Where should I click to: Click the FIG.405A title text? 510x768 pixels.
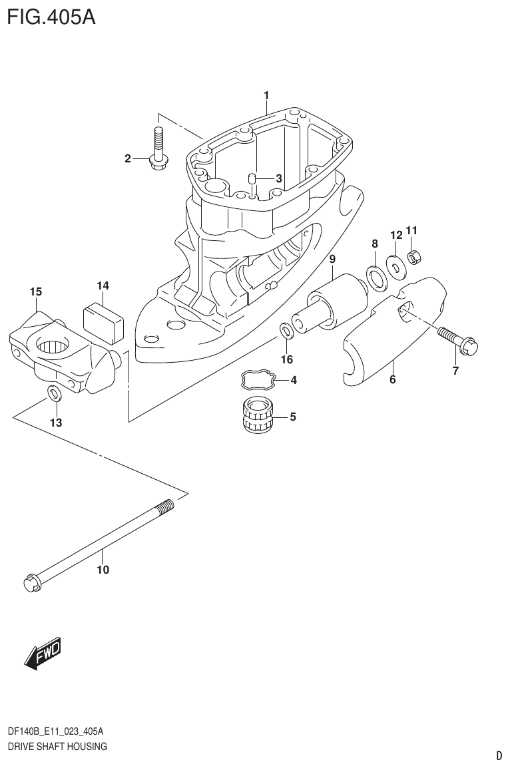[51, 15]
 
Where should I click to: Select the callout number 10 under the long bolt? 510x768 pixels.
[103, 570]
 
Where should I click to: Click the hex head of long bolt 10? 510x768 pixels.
[32, 583]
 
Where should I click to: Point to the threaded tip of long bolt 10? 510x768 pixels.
[167, 507]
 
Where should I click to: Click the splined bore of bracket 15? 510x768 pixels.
[50, 346]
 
